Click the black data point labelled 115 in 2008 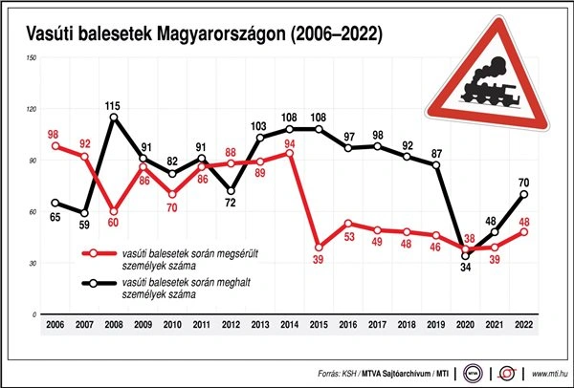click(115, 118)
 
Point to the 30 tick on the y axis click(33, 263)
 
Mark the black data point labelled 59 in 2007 click(85, 213)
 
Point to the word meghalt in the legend click(233, 284)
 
